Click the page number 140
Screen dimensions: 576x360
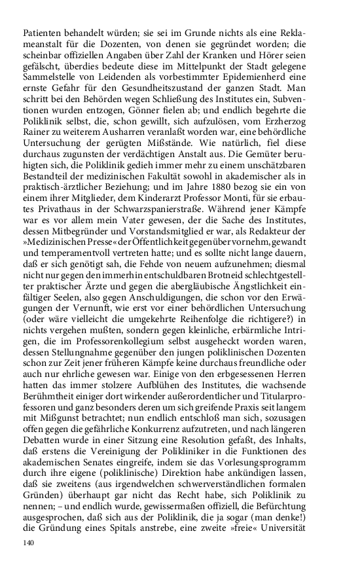click(x=28, y=543)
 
